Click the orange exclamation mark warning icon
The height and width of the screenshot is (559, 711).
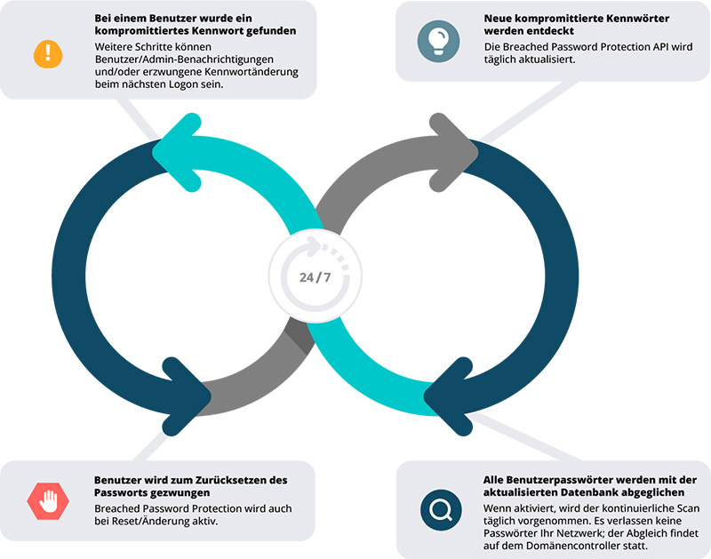coord(48,54)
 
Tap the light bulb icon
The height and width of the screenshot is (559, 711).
coord(438,41)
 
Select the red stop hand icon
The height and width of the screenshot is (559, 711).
coord(48,501)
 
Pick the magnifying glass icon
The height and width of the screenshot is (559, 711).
coord(441,510)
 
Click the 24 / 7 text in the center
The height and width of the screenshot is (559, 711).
coord(316,277)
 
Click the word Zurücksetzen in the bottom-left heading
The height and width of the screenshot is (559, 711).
coord(228,480)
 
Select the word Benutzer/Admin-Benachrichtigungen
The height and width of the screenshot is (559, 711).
coord(184,60)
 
